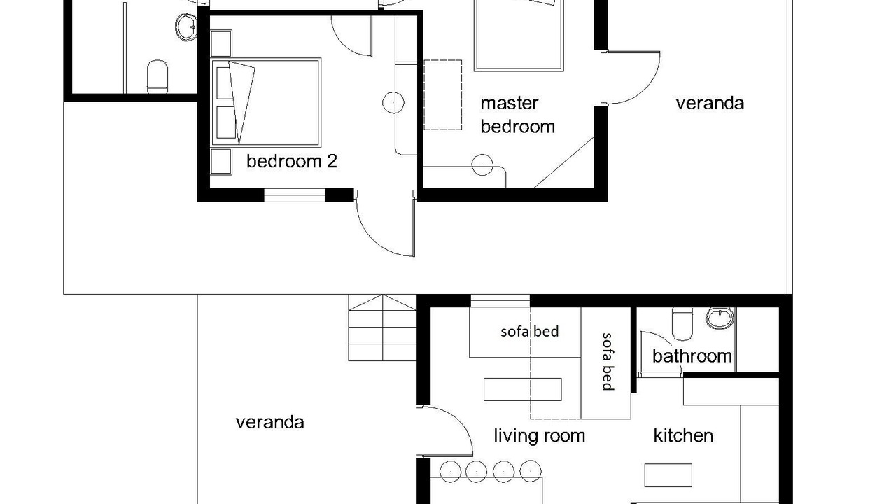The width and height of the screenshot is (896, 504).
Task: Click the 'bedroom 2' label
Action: pos(292,161)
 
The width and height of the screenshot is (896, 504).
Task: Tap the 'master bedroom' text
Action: pos(517,115)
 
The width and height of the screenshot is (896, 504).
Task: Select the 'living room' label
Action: pos(539,435)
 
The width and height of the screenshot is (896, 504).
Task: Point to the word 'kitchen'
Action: pos(683,435)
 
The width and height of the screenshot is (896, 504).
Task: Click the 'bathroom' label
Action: pos(692,356)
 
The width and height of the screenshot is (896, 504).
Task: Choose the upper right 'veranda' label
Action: pos(710,103)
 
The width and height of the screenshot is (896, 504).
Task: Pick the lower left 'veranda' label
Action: pos(270,422)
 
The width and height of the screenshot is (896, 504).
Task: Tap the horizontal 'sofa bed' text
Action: pos(530,332)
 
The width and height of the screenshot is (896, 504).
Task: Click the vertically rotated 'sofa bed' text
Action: pos(607,362)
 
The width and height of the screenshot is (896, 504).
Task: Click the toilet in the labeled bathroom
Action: pos(682,323)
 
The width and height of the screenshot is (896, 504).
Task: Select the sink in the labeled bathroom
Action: pos(720,318)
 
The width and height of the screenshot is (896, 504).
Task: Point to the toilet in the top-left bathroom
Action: pos(157,76)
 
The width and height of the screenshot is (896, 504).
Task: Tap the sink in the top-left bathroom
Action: pos(186,27)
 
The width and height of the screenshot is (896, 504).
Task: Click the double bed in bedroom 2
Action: pos(266,103)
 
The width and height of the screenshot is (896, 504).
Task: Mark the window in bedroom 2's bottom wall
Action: pos(294,195)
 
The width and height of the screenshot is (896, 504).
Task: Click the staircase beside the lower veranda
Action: pos(382,328)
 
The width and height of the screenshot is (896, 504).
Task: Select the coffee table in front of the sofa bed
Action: pos(522,389)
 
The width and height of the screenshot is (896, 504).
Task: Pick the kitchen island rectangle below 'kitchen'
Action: pos(668,475)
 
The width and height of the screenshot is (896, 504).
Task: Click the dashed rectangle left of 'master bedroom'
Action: pos(443,94)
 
